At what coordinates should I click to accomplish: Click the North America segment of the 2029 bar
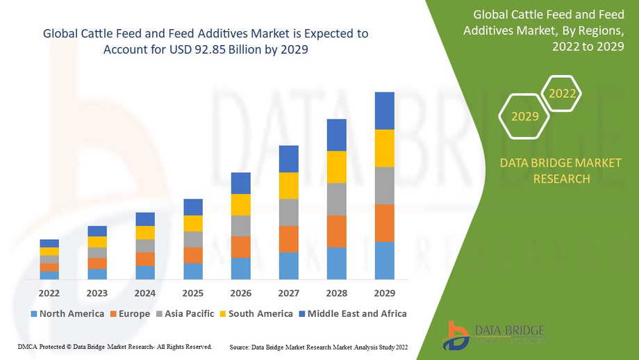(384, 261)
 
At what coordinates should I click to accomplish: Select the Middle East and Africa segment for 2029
(384, 111)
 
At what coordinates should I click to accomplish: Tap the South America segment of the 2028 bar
(336, 167)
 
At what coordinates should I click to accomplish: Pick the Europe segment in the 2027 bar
(288, 239)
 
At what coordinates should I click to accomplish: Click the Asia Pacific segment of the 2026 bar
(240, 226)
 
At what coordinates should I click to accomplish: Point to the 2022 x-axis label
(49, 293)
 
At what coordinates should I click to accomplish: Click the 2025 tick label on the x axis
(193, 293)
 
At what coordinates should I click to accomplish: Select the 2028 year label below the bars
(336, 293)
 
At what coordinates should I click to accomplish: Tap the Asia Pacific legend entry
(184, 313)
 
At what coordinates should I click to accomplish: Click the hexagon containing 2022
(561, 92)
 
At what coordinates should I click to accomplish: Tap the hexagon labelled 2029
(525, 116)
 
